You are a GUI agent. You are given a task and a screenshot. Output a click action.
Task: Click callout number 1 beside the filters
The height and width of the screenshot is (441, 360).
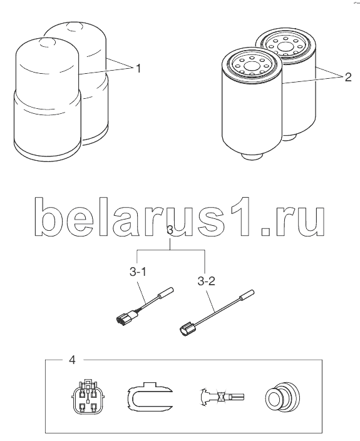click(x=138, y=68)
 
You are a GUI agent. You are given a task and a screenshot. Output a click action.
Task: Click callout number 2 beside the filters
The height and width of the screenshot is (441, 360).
click(x=348, y=77)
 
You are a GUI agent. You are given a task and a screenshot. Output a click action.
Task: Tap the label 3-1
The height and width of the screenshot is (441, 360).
click(x=138, y=272)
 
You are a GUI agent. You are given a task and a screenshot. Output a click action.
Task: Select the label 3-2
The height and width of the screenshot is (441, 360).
click(x=207, y=281)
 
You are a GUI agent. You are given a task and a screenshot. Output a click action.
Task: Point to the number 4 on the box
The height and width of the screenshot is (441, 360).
click(x=73, y=360)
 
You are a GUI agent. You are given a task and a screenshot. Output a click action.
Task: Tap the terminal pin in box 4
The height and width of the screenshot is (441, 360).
click(x=222, y=397)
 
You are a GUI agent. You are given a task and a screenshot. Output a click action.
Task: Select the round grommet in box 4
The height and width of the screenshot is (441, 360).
click(x=282, y=397)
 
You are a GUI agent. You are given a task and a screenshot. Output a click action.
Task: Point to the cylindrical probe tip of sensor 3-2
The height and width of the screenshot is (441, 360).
click(x=247, y=295)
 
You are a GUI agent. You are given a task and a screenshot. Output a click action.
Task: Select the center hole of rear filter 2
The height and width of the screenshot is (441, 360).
click(x=285, y=47)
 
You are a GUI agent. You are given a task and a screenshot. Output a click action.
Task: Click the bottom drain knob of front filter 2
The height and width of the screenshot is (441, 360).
click(x=252, y=156)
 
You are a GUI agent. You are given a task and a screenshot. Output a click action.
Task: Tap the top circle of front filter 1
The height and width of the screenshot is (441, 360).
click(x=47, y=42)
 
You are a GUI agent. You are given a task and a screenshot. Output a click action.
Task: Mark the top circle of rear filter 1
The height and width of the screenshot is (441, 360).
click(x=75, y=27)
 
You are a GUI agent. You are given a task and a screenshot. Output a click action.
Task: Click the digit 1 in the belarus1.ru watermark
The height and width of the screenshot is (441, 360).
click(x=239, y=216)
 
